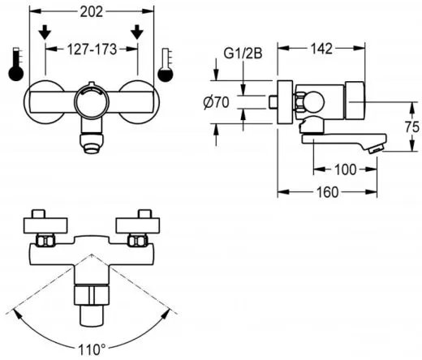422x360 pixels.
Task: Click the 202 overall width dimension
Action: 91,11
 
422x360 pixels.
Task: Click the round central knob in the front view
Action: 90,103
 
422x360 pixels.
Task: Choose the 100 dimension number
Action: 347,169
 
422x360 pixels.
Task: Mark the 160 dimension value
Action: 328,193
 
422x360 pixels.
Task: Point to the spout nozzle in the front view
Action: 91,147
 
